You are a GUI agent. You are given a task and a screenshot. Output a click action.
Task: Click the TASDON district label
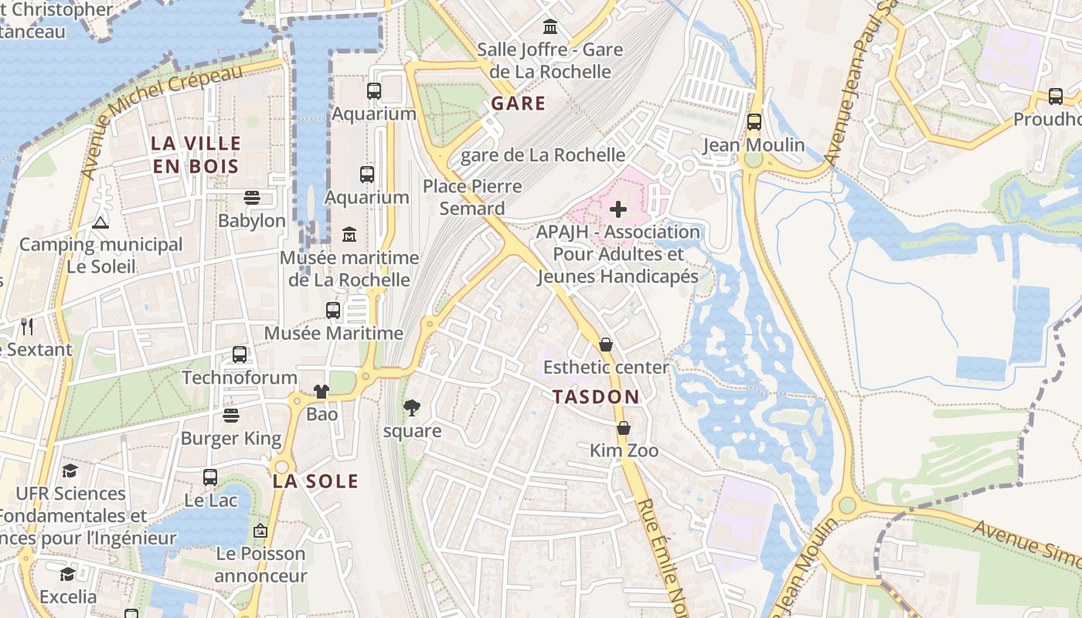point(596,397)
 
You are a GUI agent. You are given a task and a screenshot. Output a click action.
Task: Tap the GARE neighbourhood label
point(519,104)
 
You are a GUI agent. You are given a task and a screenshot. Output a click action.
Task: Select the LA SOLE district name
point(315,481)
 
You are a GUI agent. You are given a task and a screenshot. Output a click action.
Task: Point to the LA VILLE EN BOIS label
point(196,154)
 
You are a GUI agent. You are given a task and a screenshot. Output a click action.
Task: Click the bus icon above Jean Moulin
point(754,122)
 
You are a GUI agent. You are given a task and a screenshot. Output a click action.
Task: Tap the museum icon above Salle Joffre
point(550,27)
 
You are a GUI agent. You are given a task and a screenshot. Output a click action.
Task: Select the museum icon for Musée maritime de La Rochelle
point(349,234)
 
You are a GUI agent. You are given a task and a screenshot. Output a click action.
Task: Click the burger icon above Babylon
point(251,198)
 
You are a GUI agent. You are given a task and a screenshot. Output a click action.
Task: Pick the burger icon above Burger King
point(230,416)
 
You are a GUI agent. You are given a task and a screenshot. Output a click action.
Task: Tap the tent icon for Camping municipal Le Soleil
point(100,223)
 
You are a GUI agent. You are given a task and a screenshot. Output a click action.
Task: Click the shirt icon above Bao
point(322,392)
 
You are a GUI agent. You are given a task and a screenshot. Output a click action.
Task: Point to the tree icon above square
point(412,407)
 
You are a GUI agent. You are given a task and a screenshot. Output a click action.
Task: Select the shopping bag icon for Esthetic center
point(606,345)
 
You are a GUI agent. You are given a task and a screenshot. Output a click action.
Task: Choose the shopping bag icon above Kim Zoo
point(624,428)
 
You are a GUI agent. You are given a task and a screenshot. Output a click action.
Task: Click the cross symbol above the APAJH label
point(618,209)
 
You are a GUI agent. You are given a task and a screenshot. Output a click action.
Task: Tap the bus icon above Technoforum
point(240,355)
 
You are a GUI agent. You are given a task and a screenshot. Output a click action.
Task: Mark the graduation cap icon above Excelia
point(68,574)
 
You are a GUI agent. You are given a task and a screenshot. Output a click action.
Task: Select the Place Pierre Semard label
point(472,197)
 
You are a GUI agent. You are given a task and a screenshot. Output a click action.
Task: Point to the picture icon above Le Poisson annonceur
point(260,531)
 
